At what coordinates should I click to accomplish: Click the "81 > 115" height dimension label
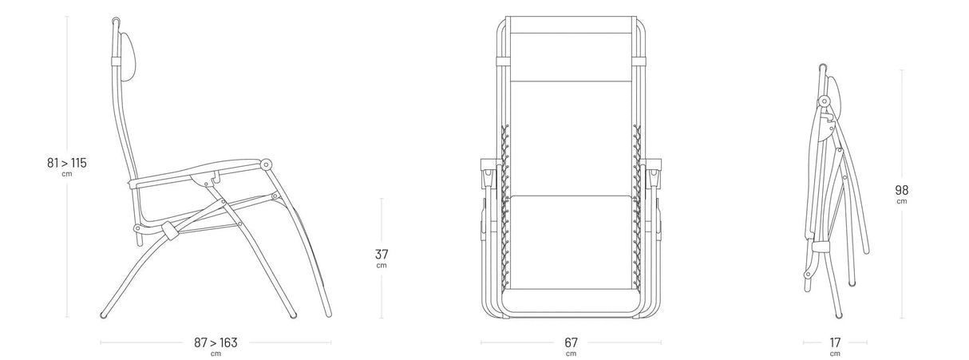(x=66, y=163)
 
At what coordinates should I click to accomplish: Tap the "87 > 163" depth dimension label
(x=216, y=342)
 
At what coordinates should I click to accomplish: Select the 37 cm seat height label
(x=382, y=254)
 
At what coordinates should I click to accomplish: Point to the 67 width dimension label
(x=571, y=342)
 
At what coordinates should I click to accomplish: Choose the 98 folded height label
(x=901, y=190)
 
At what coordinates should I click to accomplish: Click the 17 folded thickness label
(x=835, y=342)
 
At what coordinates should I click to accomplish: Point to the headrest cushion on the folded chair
(x=834, y=97)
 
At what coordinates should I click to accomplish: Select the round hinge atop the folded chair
(x=824, y=101)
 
